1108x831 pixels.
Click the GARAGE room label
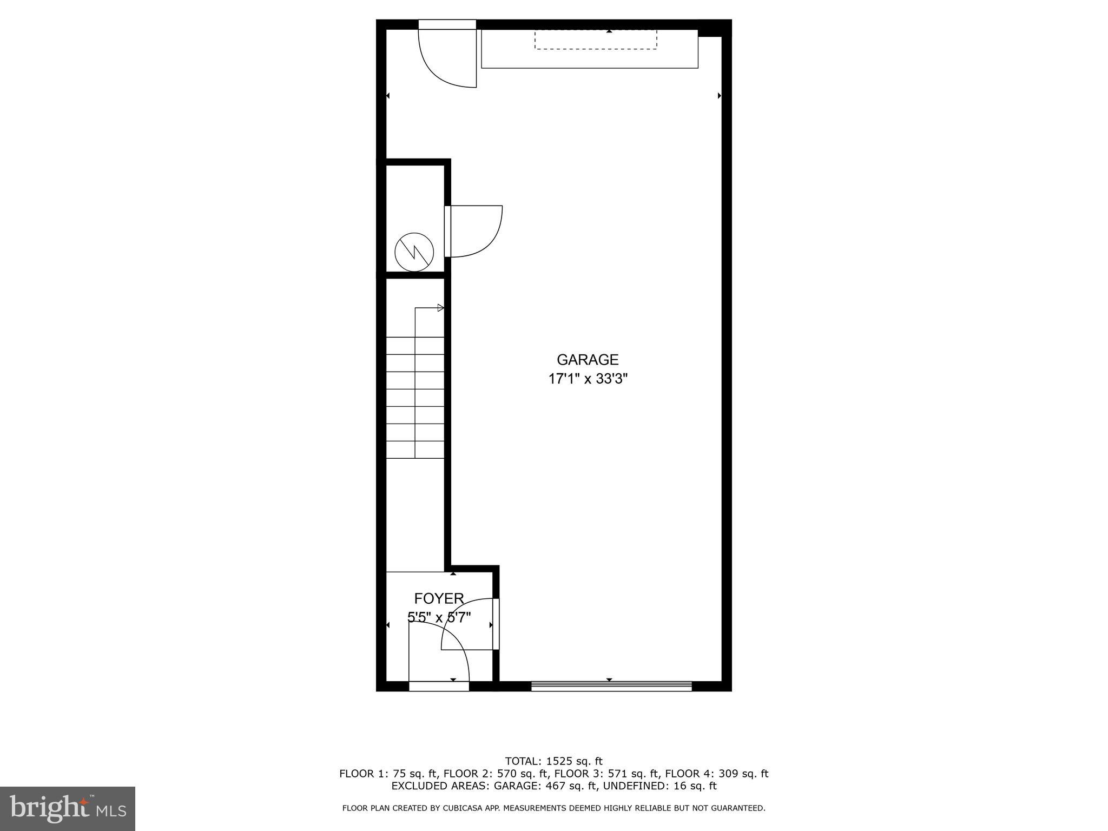[588, 360]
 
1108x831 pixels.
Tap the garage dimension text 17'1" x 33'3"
[588, 379]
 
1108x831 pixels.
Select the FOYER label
[439, 598]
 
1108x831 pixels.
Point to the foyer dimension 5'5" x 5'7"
[439, 617]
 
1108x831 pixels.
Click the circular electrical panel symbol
[414, 252]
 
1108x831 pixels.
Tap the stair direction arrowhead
[440, 308]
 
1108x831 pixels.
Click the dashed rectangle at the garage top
[596, 39]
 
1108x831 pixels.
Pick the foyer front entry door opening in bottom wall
[439, 686]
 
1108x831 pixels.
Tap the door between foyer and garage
[496, 623]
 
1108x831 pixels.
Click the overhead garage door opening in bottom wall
[611, 686]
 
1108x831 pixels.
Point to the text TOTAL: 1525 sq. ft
[553, 761]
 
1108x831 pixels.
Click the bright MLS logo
[68, 809]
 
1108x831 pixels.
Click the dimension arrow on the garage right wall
[720, 96]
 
